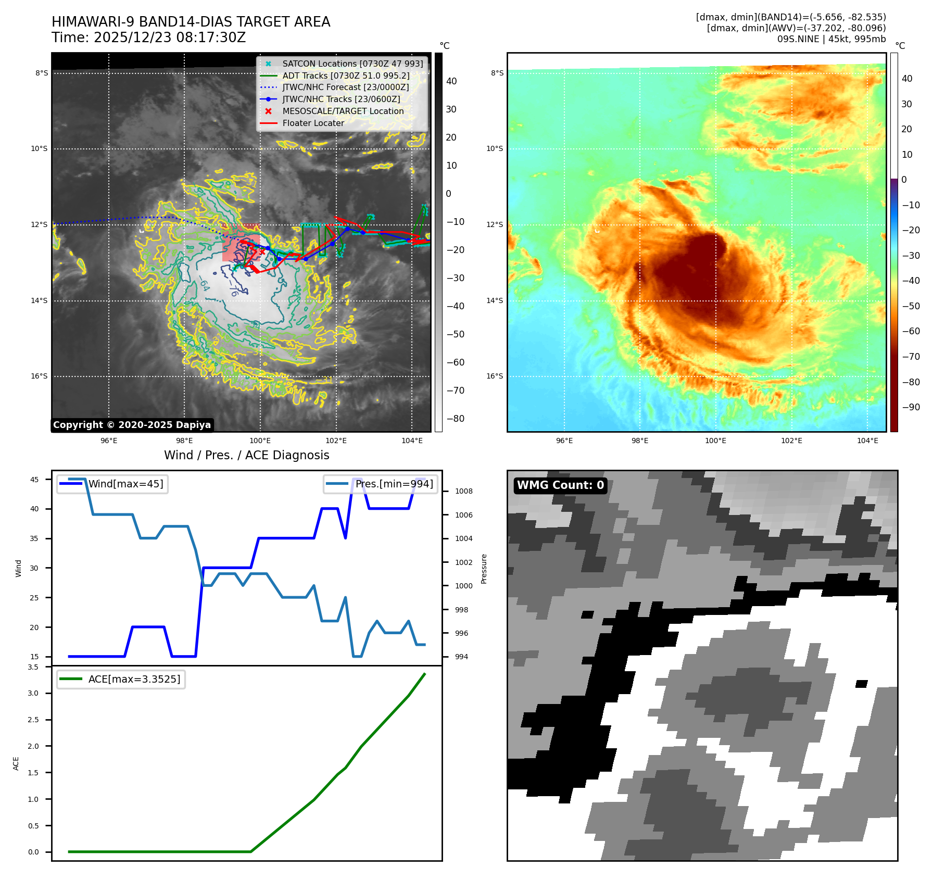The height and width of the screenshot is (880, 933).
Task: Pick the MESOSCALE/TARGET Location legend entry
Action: point(343,111)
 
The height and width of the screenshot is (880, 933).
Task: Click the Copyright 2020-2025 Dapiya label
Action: point(132,425)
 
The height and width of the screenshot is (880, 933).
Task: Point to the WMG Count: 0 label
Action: point(560,485)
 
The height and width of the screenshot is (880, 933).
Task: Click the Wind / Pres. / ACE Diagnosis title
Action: point(246,455)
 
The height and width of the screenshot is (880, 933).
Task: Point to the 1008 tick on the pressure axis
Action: point(463,491)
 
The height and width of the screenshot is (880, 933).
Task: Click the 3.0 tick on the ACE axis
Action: point(33,693)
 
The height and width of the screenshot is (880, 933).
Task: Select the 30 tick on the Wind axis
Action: point(34,568)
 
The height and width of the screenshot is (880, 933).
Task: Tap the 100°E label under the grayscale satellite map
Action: point(260,441)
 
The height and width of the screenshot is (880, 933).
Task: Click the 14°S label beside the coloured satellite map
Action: point(495,300)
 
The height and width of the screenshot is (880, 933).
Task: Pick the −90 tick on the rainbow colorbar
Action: point(911,407)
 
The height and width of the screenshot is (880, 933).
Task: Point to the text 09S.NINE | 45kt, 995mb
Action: point(831,39)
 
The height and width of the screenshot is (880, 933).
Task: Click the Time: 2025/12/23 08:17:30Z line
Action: point(148,37)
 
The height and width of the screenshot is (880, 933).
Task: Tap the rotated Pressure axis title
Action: point(484,569)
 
